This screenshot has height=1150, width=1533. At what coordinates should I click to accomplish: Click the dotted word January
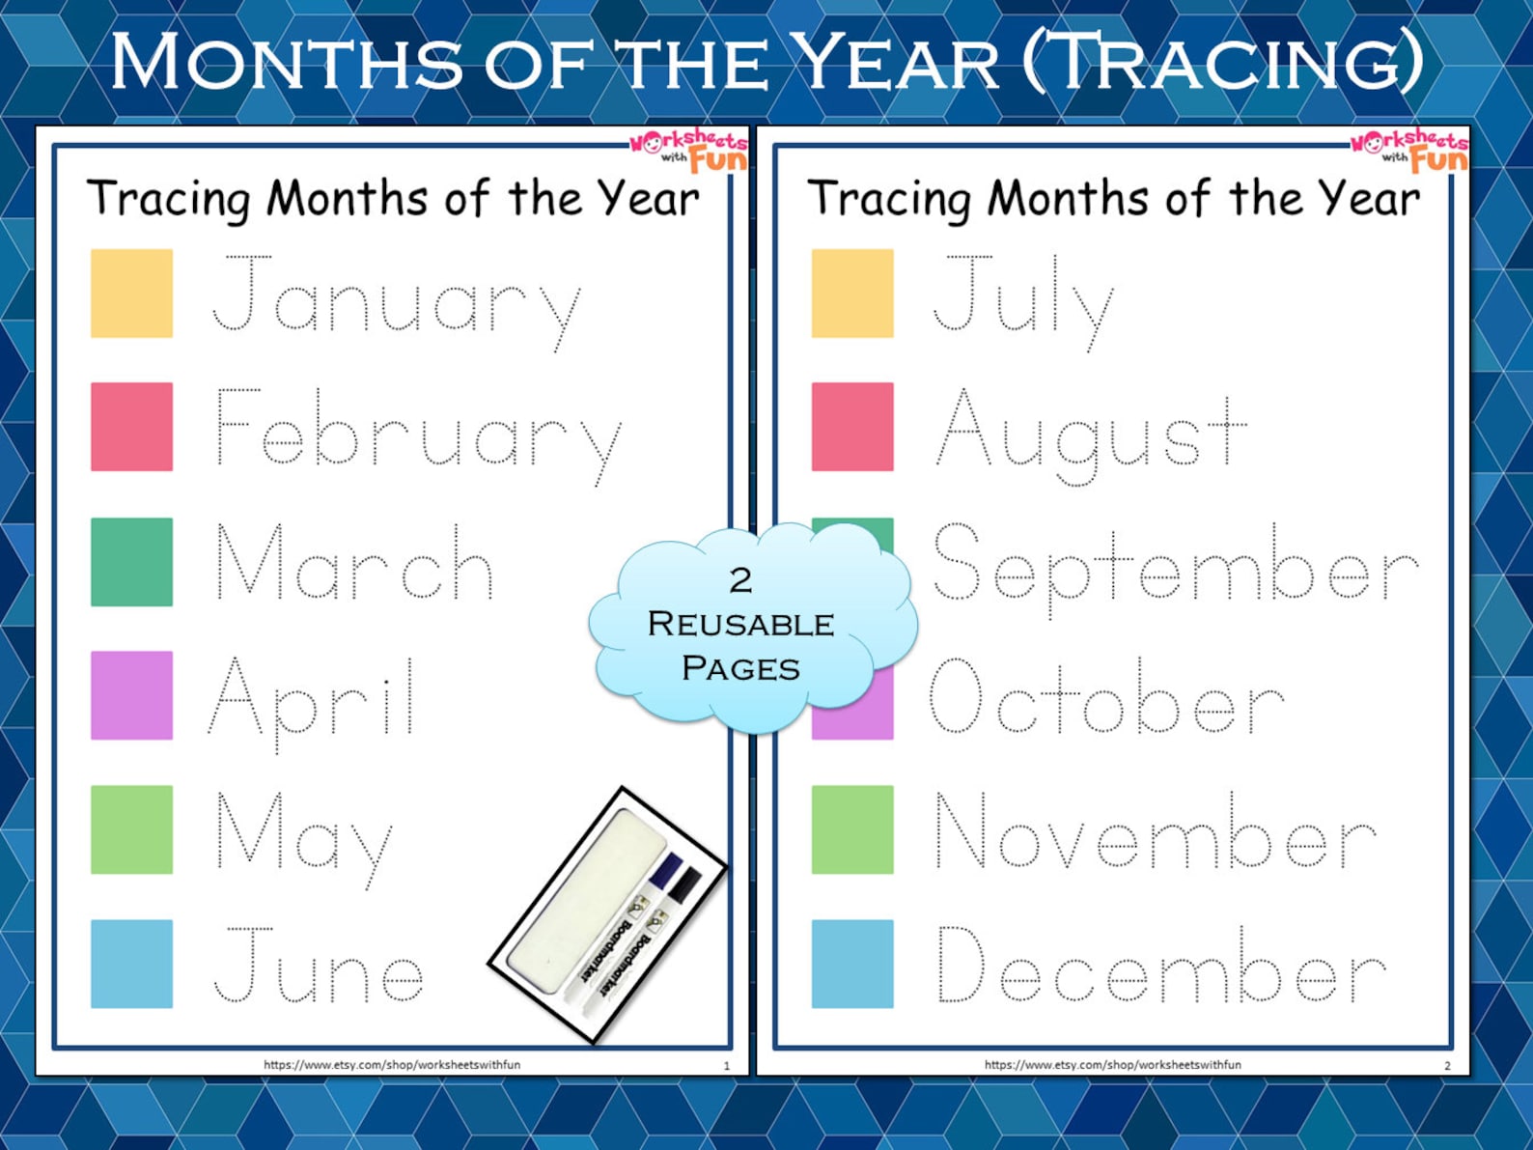[397, 304]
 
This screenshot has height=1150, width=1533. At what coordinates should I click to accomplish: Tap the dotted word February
[419, 436]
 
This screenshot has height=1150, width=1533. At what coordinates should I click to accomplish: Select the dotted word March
[355, 562]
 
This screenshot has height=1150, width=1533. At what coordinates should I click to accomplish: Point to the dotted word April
[312, 705]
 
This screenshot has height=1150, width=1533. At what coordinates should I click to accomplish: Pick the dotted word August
[1091, 436]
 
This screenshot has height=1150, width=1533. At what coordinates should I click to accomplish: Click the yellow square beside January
[132, 294]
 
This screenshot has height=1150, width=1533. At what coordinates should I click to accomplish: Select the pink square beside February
[132, 427]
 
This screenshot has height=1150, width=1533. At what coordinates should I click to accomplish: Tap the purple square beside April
[132, 695]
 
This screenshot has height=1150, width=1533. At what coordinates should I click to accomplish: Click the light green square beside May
[132, 829]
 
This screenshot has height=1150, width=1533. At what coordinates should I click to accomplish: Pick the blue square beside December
[852, 965]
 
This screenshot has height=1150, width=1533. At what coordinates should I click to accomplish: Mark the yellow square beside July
[852, 294]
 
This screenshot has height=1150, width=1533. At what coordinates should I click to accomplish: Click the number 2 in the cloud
[741, 580]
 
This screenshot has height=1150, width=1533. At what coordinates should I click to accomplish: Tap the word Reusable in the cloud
[741, 624]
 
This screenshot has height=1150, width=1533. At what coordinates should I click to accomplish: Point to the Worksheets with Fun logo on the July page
[1408, 150]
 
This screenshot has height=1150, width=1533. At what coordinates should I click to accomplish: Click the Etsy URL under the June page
[392, 1065]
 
